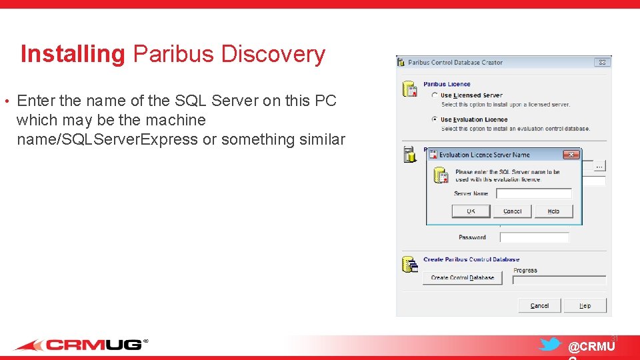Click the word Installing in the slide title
point(72,54)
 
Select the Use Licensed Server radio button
point(435,95)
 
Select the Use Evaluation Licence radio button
point(435,119)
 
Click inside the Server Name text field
point(534,193)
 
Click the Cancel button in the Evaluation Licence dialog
point(512,211)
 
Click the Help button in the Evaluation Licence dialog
point(553,211)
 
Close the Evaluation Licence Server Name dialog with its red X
point(571,155)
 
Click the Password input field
point(534,237)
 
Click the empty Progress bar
point(559,280)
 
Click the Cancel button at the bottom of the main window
point(539,305)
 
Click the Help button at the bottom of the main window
point(585,305)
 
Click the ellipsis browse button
point(599,165)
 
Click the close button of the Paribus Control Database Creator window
point(602,62)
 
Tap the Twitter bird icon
point(550,345)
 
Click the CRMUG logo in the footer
point(81,345)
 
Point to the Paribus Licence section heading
point(447,85)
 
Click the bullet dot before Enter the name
point(6,102)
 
